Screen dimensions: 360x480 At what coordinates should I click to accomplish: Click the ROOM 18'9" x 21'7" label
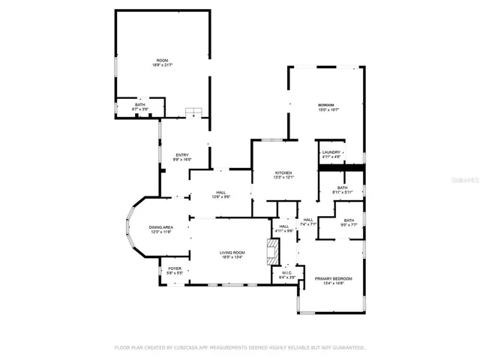pyautogui.click(x=162, y=62)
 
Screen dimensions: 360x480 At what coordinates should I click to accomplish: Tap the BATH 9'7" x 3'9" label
pyautogui.click(x=140, y=106)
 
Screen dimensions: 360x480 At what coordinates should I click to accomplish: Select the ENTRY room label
pyautogui.click(x=182, y=157)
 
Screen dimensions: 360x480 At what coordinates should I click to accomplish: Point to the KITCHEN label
pyautogui.click(x=283, y=175)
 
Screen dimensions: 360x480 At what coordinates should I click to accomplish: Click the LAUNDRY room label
pyautogui.click(x=331, y=154)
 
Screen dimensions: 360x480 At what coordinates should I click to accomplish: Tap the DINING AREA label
pyautogui.click(x=160, y=229)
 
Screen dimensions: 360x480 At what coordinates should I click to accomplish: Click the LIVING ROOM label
pyautogui.click(x=232, y=255)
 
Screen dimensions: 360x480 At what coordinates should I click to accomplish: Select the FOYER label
pyautogui.click(x=174, y=270)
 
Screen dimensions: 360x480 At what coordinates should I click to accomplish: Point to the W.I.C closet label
pyautogui.click(x=286, y=275)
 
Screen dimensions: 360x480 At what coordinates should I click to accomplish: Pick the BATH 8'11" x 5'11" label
pyautogui.click(x=342, y=190)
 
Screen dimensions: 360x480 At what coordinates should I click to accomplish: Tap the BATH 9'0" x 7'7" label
pyautogui.click(x=349, y=222)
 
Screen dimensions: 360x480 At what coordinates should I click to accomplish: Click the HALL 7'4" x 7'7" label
pyautogui.click(x=308, y=222)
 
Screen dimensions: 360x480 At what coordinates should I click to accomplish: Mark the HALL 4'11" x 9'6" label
pyautogui.click(x=285, y=229)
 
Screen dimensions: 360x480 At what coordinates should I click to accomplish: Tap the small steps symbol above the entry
pyautogui.click(x=194, y=112)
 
